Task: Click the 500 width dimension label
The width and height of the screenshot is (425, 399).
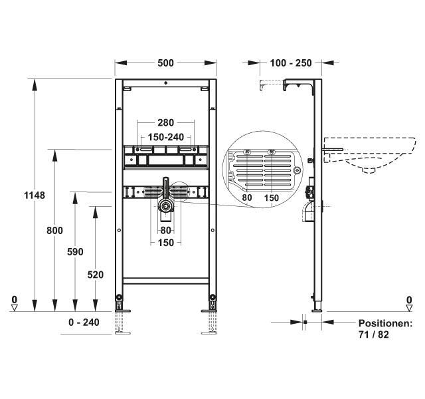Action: click(x=166, y=63)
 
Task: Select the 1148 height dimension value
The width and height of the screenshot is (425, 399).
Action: click(x=34, y=196)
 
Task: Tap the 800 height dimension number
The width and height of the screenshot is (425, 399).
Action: click(x=54, y=231)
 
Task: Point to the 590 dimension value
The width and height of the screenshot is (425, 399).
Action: click(x=76, y=252)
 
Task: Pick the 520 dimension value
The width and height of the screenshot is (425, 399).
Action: click(x=96, y=275)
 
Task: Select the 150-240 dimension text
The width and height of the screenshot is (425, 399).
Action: click(x=165, y=136)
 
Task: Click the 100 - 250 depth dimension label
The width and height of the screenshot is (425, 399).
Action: click(x=291, y=63)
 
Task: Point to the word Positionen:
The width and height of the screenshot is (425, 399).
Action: click(x=386, y=323)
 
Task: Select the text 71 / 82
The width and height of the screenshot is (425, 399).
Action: click(x=373, y=334)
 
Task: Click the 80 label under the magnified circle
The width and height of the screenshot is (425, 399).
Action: click(x=246, y=198)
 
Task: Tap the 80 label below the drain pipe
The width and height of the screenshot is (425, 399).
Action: click(x=165, y=231)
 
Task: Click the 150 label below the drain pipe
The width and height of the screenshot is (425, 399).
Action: click(x=165, y=243)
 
